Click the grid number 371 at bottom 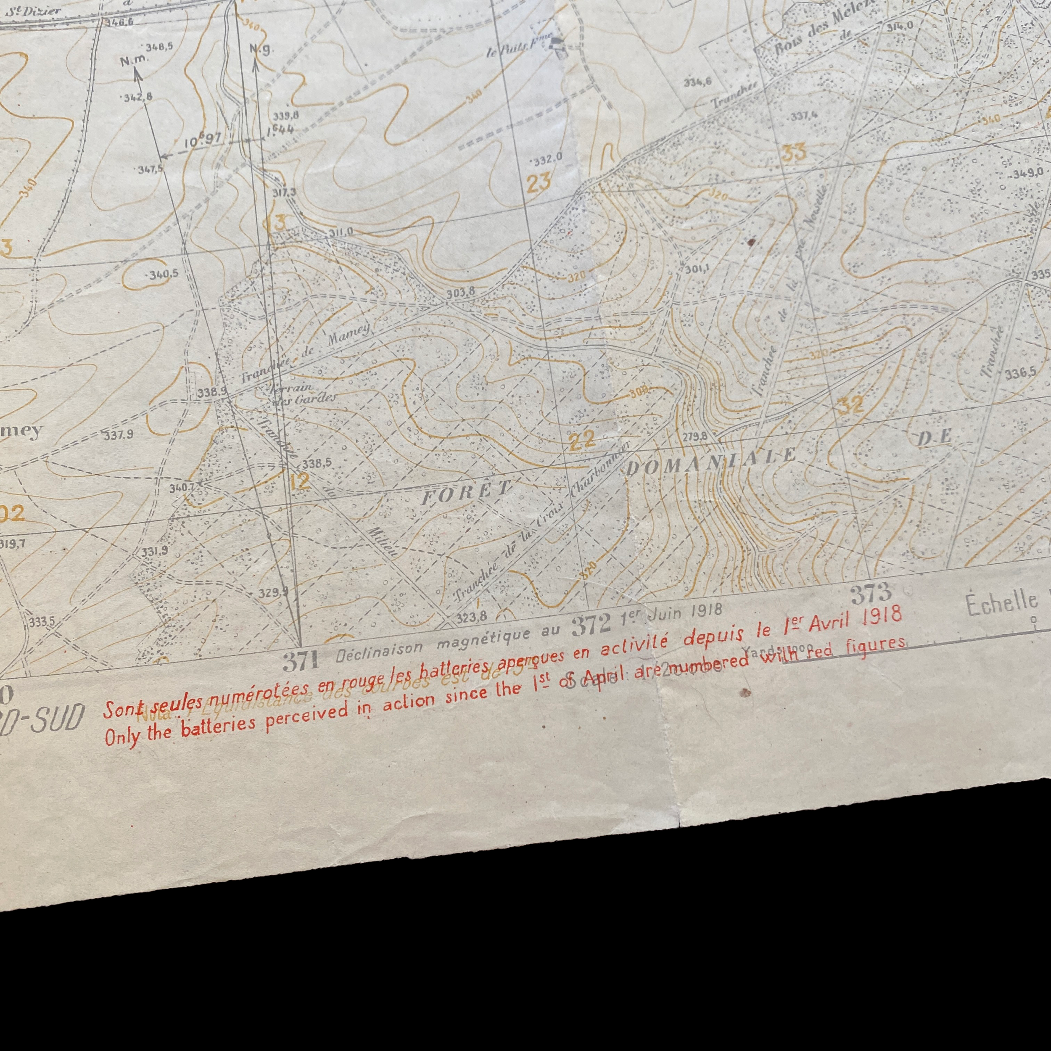click(300, 660)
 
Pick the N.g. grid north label click(260, 49)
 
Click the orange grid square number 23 click(539, 182)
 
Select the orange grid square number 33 click(794, 152)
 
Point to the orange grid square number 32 click(850, 405)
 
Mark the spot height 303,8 click(461, 292)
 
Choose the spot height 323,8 click(471, 617)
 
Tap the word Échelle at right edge click(1001, 603)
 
